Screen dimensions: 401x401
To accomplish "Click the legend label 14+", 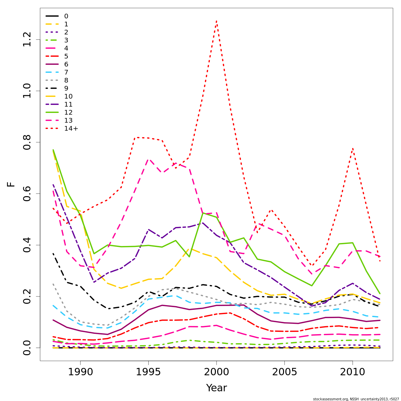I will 71,129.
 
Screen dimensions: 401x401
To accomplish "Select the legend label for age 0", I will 66,16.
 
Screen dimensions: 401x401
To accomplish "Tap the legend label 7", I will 66,73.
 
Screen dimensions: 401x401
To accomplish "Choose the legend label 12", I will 68,113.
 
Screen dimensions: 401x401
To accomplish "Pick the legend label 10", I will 68,97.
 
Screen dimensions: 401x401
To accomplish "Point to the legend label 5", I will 66,56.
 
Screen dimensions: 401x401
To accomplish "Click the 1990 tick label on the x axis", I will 80,372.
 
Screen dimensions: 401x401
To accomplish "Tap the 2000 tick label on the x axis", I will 217,372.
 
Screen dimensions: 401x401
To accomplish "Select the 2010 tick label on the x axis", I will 353,372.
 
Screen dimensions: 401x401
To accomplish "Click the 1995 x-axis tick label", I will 148,372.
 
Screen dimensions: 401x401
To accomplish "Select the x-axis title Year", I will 217,388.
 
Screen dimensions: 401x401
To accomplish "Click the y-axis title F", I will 11,184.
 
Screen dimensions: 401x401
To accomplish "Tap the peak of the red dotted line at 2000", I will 217,21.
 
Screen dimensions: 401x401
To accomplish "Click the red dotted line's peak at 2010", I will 353,148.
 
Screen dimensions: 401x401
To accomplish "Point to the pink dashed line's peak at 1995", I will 148,159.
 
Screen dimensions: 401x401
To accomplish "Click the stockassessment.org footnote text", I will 356,399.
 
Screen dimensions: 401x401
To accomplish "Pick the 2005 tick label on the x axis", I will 284,372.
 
